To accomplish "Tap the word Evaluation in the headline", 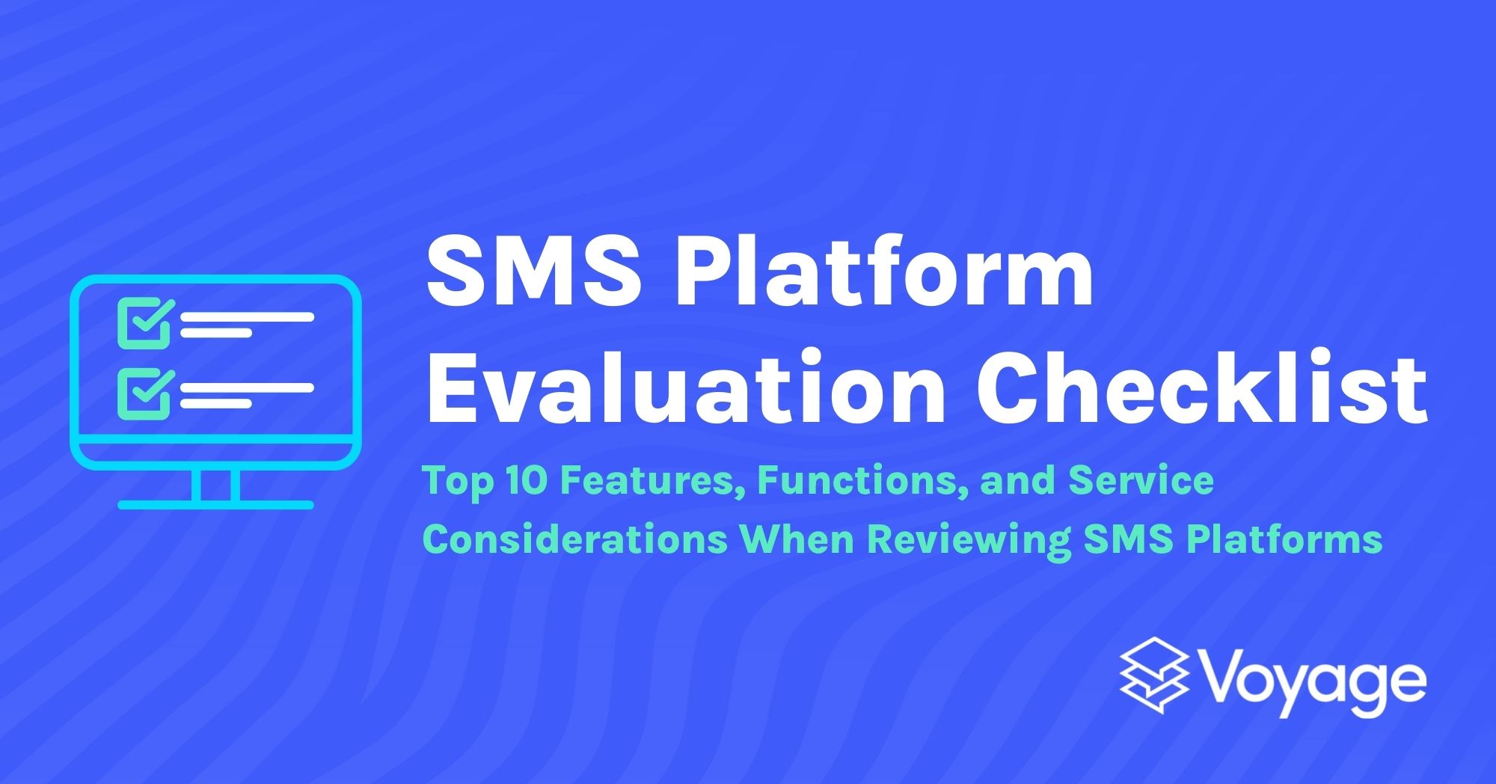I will (685, 389).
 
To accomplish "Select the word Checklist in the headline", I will (1201, 389).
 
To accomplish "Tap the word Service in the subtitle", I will (1141, 480).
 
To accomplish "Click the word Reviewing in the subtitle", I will (969, 539).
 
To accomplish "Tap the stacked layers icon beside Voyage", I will (1153, 676).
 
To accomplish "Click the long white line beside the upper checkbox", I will (247, 317).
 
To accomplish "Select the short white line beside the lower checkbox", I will (215, 404).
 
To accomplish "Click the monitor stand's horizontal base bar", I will (215, 505).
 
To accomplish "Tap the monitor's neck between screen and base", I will (215, 485).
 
